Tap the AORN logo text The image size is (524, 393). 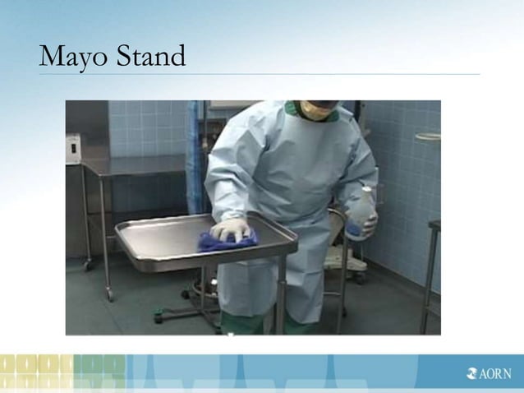point(495,374)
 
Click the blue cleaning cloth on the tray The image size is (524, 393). point(226,240)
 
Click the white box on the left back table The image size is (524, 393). point(73,149)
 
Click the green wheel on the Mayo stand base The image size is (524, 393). point(191,292)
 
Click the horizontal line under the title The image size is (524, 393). point(259,75)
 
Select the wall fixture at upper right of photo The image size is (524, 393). point(426,136)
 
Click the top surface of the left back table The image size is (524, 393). point(136,164)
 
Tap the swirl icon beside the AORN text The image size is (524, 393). point(471,374)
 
